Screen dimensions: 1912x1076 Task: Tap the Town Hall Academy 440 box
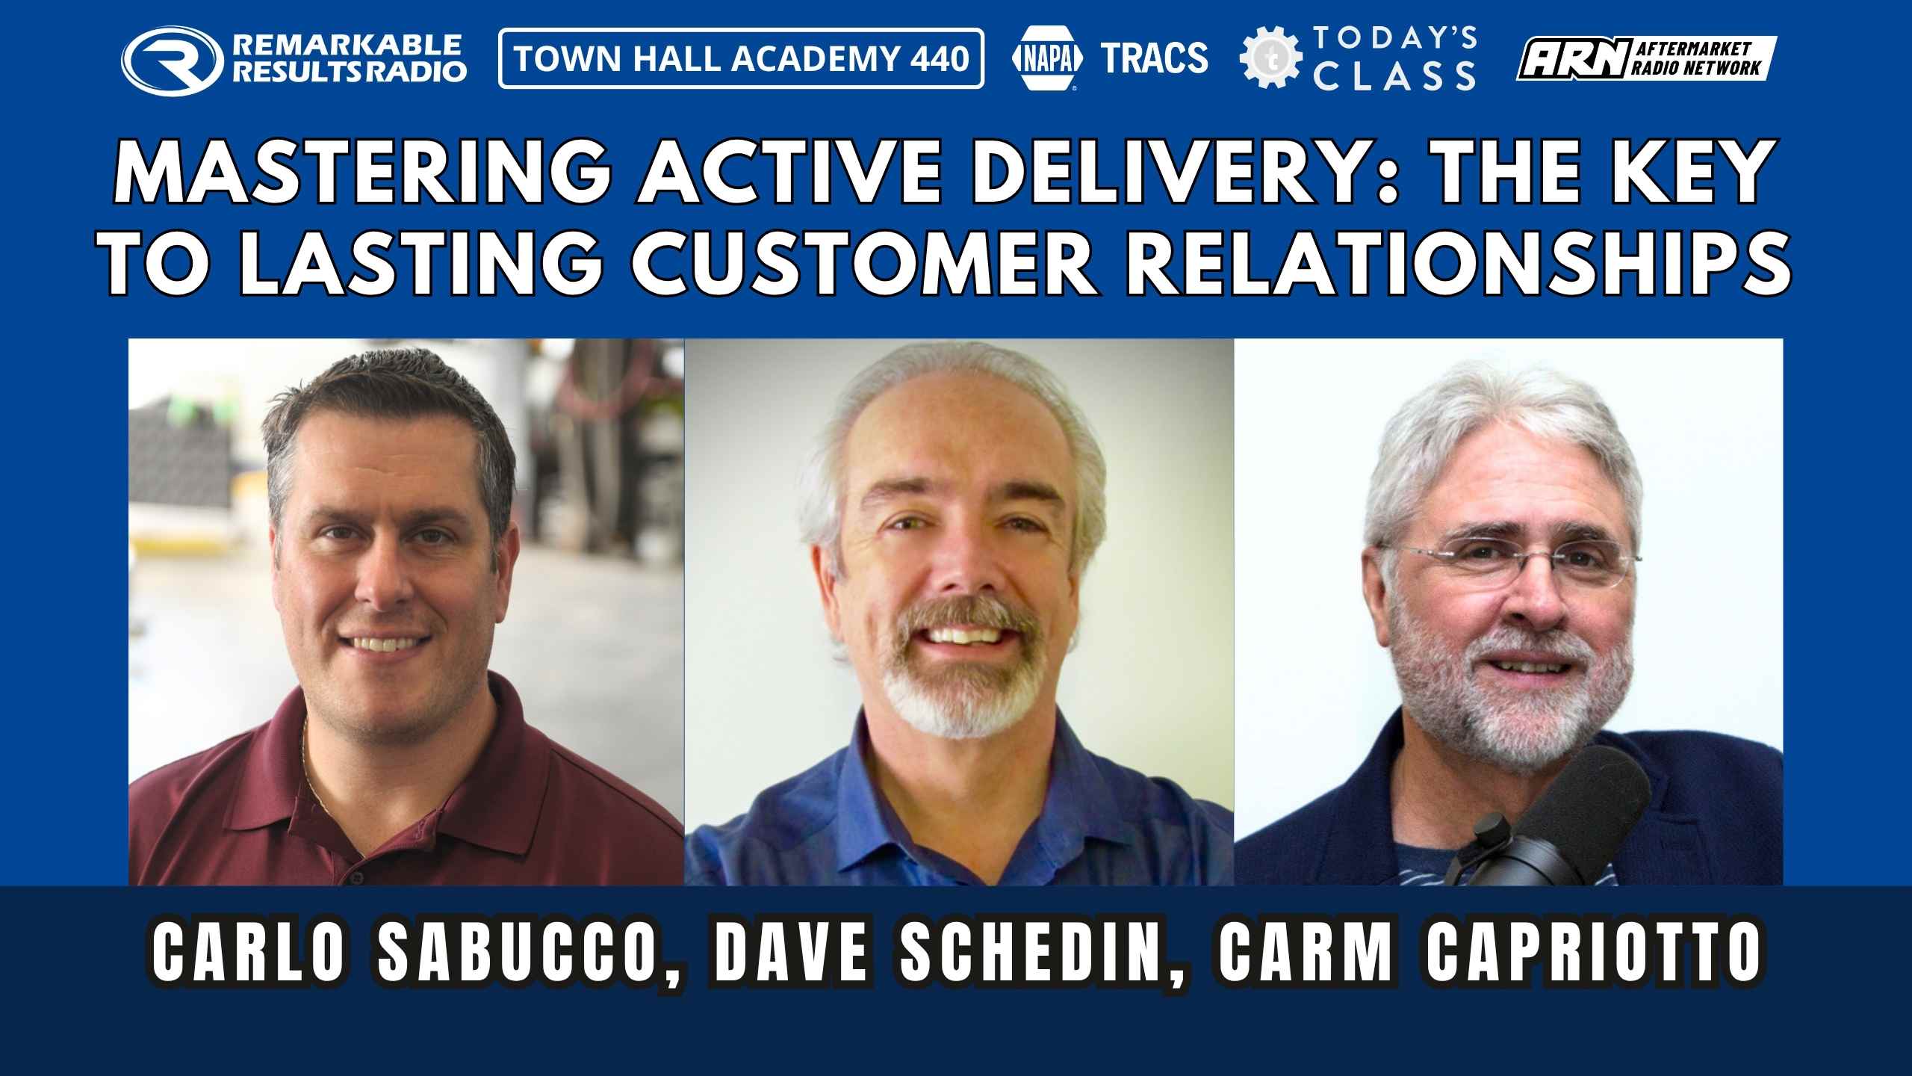click(741, 58)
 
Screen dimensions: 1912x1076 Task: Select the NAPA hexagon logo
click(1049, 58)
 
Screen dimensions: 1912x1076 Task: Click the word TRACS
click(1155, 58)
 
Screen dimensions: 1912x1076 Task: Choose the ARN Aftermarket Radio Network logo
click(1646, 58)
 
